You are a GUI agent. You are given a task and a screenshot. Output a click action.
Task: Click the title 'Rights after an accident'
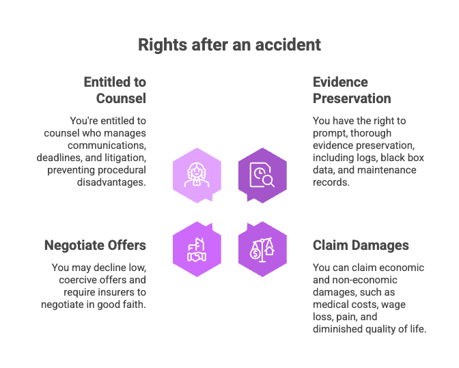[229, 45]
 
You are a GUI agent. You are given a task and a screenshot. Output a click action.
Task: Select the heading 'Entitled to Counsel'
[115, 90]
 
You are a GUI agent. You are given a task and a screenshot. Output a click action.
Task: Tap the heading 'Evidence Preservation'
[352, 90]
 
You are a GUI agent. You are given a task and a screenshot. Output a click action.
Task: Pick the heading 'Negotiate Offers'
[95, 245]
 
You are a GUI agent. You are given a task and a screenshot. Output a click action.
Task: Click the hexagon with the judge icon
[197, 174]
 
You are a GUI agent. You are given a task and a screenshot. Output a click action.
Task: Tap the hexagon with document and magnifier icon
[262, 174]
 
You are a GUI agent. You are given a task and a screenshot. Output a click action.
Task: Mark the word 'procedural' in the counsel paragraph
[120, 170]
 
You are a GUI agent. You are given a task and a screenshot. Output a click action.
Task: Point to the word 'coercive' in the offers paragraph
[70, 280]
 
